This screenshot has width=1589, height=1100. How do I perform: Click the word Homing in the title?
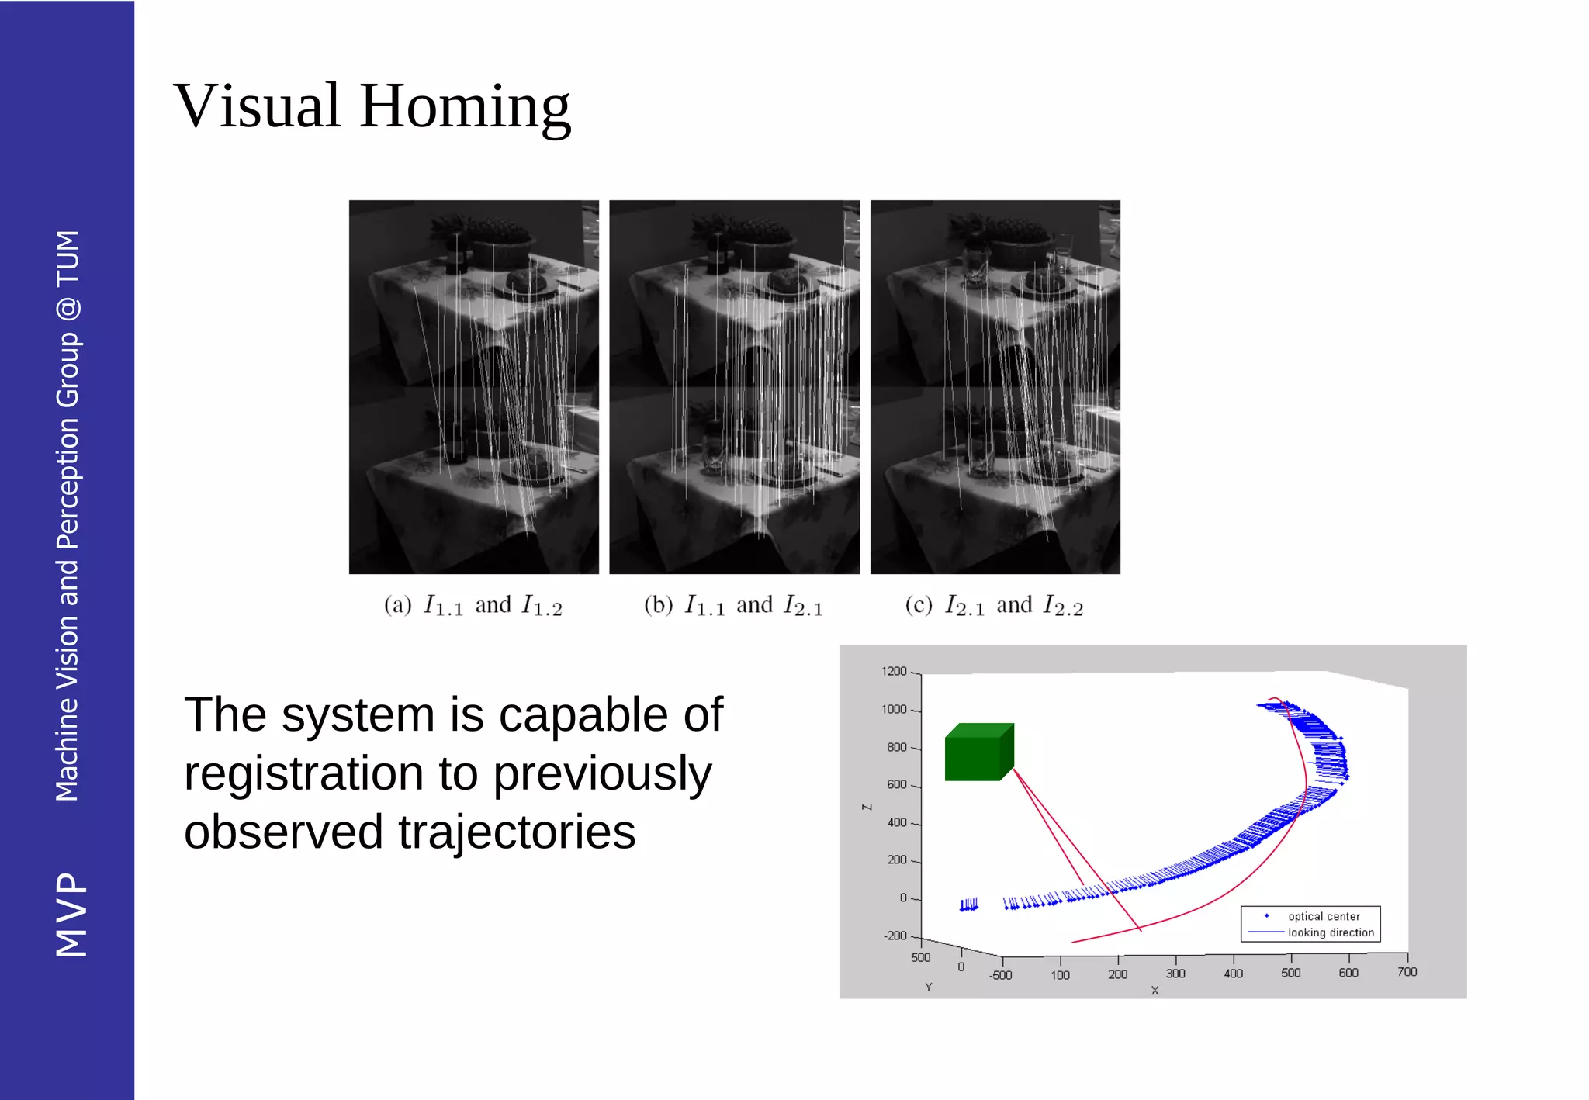click(465, 106)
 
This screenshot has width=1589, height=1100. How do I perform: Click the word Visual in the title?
click(257, 106)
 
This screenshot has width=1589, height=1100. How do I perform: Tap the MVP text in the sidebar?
click(71, 915)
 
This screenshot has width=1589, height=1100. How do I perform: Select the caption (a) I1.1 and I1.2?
click(473, 606)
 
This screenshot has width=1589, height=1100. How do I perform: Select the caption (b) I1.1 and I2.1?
click(733, 606)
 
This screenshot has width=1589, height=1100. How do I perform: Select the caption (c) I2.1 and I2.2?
click(994, 606)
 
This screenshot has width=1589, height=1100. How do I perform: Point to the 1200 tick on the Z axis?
click(894, 672)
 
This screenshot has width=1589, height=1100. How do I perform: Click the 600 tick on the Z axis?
click(897, 785)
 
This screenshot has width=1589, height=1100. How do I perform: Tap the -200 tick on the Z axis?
click(895, 936)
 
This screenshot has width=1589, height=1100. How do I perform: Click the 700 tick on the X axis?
click(1407, 972)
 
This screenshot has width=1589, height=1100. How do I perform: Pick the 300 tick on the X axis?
click(1175, 974)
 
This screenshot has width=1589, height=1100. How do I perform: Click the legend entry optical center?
click(1324, 917)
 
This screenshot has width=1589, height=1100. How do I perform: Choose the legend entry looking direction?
click(1331, 933)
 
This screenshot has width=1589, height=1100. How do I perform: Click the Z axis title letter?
click(867, 808)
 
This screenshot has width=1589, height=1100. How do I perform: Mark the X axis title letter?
click(1155, 991)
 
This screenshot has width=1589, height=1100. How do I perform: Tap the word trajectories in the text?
click(517, 832)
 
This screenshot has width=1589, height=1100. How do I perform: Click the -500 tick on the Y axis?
click(1001, 976)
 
